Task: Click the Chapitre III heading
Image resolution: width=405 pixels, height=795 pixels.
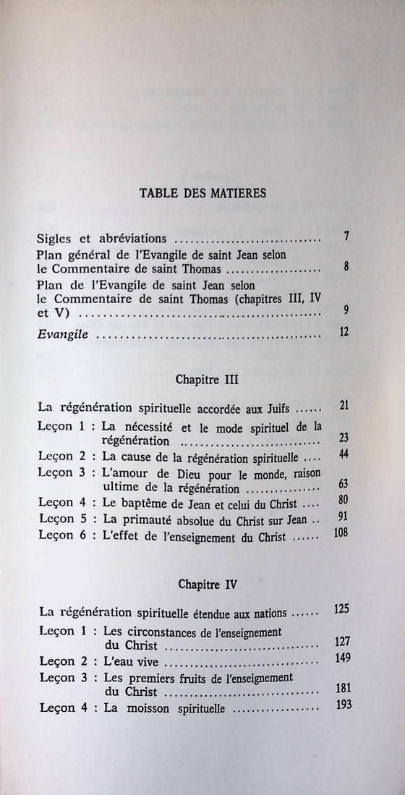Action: (207, 378)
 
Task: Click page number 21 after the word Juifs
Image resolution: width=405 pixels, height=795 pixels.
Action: (344, 405)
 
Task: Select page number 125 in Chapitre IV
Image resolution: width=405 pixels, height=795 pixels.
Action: (341, 610)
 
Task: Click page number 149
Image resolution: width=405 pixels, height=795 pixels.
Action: (342, 657)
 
